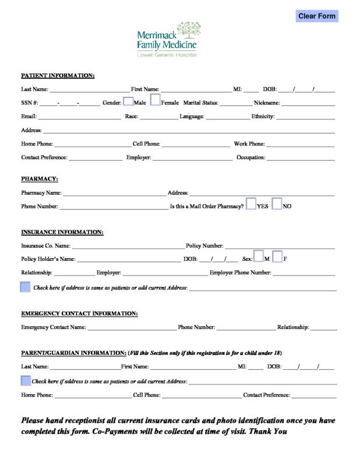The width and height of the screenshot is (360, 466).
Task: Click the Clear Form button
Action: point(317,16)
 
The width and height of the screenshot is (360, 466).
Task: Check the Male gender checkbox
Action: point(128,101)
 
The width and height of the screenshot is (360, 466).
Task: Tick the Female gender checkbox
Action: point(155,100)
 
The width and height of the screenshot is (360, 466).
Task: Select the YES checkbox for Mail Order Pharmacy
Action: point(250,204)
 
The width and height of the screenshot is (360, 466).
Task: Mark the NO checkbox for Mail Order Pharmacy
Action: point(277,204)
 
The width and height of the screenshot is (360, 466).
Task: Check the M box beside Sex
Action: point(258,256)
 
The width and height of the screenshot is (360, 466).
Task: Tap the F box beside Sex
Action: point(277,256)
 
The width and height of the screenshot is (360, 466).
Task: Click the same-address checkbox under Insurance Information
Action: point(25,287)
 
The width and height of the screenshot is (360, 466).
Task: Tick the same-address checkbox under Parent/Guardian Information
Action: point(25,380)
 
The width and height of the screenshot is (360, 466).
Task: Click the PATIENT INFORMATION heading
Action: point(58,76)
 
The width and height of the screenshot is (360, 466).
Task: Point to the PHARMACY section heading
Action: point(40,179)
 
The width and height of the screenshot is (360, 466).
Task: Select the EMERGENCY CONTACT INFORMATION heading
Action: point(79,313)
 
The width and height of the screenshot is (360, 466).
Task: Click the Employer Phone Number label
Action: point(241,273)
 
